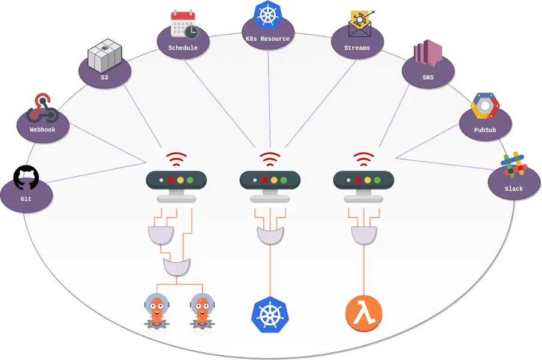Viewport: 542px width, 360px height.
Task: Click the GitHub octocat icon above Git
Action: coord(26,178)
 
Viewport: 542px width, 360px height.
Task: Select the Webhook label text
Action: coord(43,129)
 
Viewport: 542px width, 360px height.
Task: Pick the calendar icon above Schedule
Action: coord(183,25)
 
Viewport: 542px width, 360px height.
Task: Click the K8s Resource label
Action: coord(267,39)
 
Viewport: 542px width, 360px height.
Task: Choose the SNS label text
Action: coord(427,77)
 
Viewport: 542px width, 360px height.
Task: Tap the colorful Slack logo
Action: coord(514,166)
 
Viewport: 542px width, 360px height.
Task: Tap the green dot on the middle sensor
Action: coord(283,179)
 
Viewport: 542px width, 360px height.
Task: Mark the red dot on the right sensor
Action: coord(358,179)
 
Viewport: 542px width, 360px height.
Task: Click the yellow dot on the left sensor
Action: coord(180,179)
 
